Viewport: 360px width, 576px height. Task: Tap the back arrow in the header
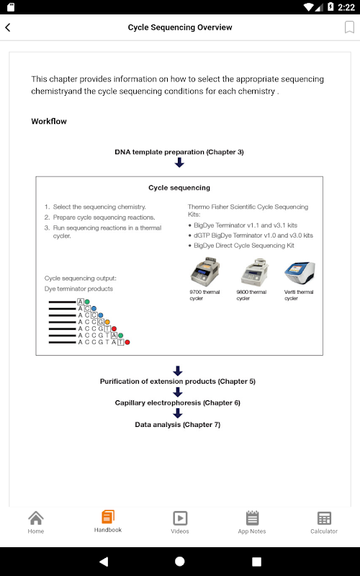8,27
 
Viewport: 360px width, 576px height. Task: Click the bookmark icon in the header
349,27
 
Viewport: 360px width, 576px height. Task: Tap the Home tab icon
36,518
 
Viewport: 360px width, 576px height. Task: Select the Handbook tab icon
108,517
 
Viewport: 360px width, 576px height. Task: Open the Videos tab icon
180,518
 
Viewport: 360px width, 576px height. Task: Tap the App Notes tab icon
252,518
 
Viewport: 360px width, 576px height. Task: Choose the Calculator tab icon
324,518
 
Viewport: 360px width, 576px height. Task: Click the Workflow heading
49,121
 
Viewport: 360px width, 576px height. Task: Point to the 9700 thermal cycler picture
205,272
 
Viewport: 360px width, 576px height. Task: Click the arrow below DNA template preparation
179,163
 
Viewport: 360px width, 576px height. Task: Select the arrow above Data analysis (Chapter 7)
178,413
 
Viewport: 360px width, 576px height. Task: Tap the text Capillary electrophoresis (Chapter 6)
178,402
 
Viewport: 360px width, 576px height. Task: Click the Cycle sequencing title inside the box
179,188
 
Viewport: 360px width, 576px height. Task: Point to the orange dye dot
107,322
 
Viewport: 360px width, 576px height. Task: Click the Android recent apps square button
256,562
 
